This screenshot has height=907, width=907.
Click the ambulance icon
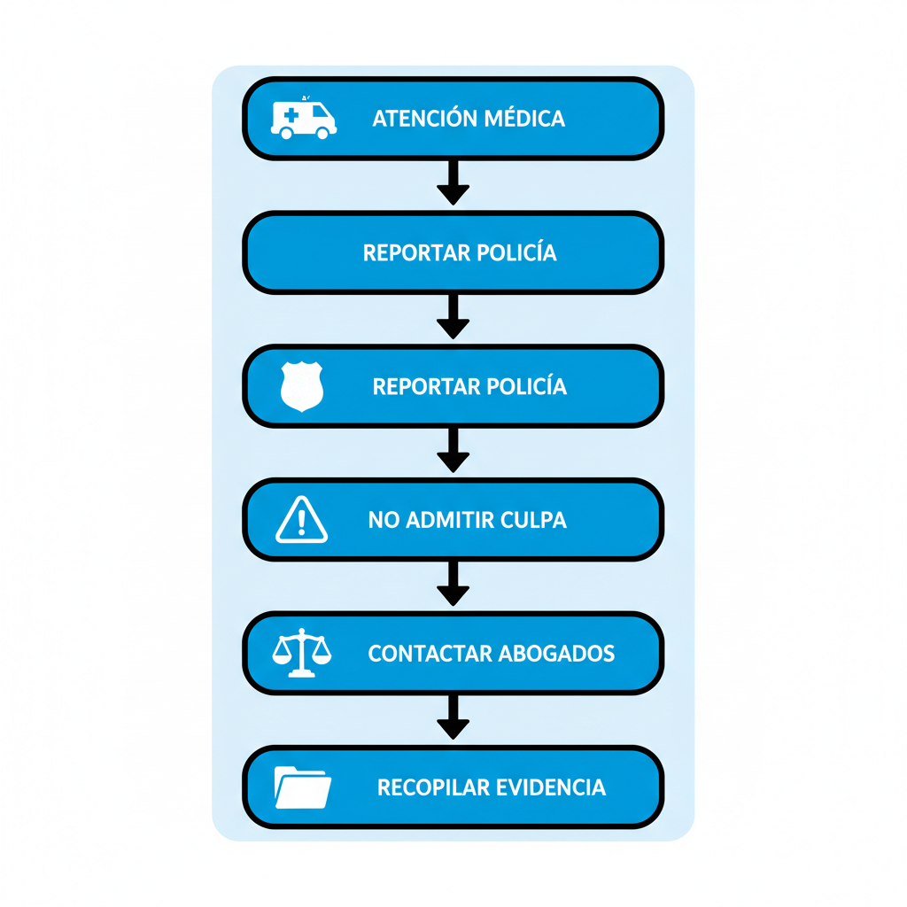(303, 118)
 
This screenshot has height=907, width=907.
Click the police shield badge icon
(301, 386)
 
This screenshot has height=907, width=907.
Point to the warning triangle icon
(301, 520)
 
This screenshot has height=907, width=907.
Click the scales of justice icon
(301, 654)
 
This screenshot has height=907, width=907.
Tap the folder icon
(302, 787)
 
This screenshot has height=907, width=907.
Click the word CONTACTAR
(430, 654)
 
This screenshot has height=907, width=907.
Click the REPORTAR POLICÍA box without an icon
(453, 252)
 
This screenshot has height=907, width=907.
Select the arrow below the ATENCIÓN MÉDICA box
(453, 183)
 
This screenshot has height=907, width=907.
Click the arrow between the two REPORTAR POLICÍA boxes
(453, 317)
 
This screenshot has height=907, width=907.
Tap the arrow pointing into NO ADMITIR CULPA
(453, 451)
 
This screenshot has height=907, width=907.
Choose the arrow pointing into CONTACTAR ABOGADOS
(453, 585)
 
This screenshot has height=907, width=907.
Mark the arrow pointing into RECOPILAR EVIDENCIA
(453, 718)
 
